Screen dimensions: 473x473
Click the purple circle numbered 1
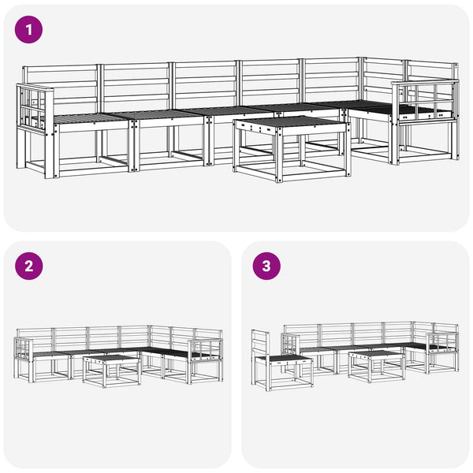tap(28, 30)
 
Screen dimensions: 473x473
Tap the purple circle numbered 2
tap(28, 266)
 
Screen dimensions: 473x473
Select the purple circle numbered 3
tap(266, 266)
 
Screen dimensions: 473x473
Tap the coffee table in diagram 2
tap(112, 371)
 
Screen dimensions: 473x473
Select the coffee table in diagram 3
tap(376, 367)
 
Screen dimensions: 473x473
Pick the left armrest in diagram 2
tap(24, 348)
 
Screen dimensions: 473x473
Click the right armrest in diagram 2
tap(205, 348)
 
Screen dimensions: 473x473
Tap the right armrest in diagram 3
tap(442, 342)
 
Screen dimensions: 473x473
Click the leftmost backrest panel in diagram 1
tap(61, 88)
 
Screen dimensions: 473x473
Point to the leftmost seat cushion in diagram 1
tap(92, 117)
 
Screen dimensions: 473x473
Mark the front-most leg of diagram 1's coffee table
tap(279, 157)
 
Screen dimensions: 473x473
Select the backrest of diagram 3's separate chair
tap(260, 344)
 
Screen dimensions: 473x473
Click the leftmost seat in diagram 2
tap(50, 354)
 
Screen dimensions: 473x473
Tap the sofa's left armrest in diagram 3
tap(290, 345)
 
